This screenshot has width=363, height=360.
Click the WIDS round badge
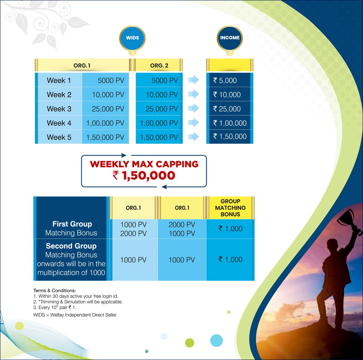tap(132, 38)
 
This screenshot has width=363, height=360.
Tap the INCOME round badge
tap(230, 38)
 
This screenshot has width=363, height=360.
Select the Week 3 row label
tap(59, 109)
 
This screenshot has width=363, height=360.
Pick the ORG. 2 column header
tap(159, 65)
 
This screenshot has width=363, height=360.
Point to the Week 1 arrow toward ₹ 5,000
tap(194, 80)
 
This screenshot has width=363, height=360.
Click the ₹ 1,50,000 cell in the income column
tap(230, 136)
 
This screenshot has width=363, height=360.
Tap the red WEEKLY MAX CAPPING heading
tap(144, 164)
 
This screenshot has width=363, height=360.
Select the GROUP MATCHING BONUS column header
tap(230, 208)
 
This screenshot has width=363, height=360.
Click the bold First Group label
tap(72, 224)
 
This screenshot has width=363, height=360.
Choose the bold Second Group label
tap(71, 246)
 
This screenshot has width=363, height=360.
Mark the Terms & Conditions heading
tap(54, 290)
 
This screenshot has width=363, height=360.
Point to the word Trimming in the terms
tap(50, 302)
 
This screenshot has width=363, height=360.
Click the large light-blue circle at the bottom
tap(216, 340)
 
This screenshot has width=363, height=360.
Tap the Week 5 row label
tap(59, 137)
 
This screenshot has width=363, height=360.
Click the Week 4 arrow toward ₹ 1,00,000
tap(194, 123)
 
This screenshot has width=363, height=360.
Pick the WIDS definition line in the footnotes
tap(75, 315)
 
